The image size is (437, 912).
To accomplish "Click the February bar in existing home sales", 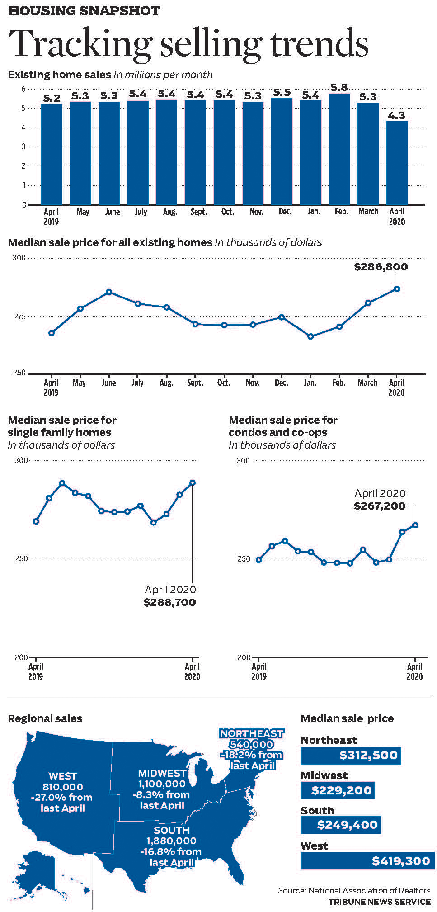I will click(x=339, y=149).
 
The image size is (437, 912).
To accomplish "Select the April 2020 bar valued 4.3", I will click(x=397, y=163).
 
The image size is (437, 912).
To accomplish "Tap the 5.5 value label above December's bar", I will click(x=282, y=92).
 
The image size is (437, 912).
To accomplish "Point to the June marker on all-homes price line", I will click(x=109, y=292).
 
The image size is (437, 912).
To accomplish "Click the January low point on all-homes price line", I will click(x=310, y=336).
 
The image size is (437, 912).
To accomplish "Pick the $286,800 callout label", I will click(x=381, y=267).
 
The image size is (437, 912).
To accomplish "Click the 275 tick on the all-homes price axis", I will click(x=19, y=317).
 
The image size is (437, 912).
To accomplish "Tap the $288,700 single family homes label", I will click(x=169, y=602).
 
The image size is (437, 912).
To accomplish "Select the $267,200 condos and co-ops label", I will click(x=380, y=506).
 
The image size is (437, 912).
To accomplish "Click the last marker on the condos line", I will click(x=415, y=525).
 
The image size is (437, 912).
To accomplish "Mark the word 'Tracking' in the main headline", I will click(x=80, y=44).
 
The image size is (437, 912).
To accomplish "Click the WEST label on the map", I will click(x=62, y=776).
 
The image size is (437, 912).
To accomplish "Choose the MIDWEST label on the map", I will click(x=162, y=774).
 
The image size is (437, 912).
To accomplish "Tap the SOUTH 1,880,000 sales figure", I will click(x=171, y=841).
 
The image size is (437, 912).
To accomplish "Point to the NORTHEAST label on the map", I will click(x=252, y=733).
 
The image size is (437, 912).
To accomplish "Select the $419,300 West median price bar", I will click(x=367, y=861).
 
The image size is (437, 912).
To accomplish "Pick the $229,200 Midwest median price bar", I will click(x=338, y=790).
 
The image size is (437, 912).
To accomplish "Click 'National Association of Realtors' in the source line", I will click(x=369, y=890).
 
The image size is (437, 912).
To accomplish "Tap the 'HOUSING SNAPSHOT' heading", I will click(x=84, y=11).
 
